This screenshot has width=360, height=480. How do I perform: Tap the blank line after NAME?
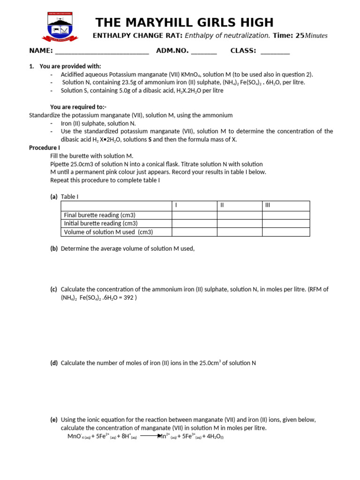(x=102, y=51)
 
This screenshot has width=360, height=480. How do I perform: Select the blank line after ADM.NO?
(x=204, y=51)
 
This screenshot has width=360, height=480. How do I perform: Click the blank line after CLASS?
(x=275, y=51)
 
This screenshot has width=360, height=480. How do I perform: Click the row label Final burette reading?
(x=100, y=215)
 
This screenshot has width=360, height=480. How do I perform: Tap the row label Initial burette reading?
(x=101, y=223)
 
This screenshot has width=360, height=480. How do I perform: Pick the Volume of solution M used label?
(x=108, y=232)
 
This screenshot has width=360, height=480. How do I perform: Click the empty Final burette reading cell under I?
(x=194, y=215)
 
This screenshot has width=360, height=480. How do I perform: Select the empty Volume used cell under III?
(x=285, y=232)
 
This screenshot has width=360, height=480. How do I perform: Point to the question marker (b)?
(x=54, y=249)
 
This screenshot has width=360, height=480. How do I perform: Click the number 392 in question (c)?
(x=128, y=298)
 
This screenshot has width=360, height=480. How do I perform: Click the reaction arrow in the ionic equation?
(x=151, y=436)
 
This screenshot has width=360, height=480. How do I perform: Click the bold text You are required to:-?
(x=78, y=107)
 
